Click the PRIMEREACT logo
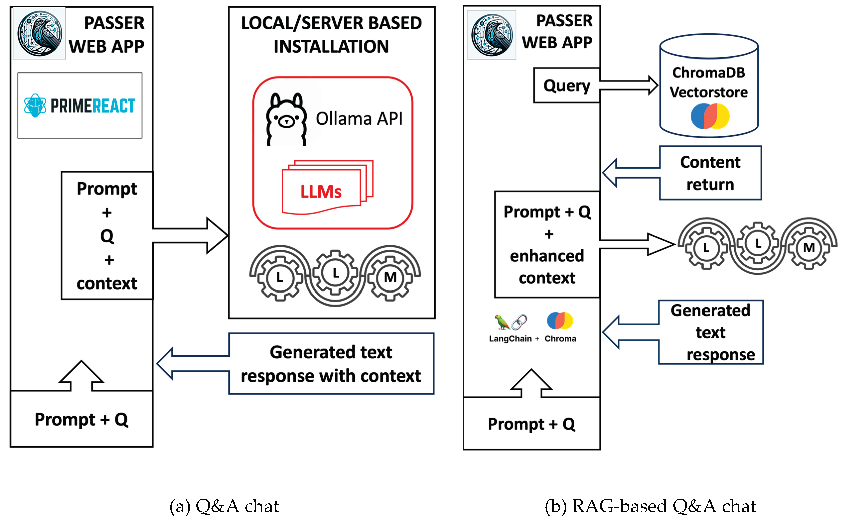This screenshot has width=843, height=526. pos(79,105)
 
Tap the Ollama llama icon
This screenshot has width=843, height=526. pos(286,119)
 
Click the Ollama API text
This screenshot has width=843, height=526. pos(359,119)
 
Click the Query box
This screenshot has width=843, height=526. pos(566,85)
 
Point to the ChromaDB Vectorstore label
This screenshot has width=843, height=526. pos(709,82)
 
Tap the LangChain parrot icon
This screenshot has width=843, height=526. pos(502,322)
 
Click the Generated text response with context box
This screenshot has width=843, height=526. pos(331,364)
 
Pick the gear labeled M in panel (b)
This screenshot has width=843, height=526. pos(809,247)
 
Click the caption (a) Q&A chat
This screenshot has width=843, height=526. pos(224,506)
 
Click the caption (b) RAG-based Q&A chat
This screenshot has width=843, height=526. pos(650,506)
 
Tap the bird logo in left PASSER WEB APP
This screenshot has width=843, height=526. pos(40,33)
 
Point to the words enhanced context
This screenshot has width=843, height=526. pos(547,267)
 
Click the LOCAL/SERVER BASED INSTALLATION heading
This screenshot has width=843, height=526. pos(331,35)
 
